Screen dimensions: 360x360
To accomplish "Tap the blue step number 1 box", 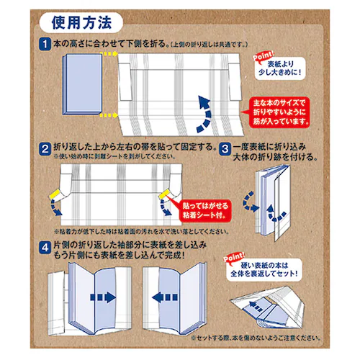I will point(45,44).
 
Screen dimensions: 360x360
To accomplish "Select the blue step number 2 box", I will point(45,148).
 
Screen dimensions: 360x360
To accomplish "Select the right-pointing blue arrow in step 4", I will point(104,297).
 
